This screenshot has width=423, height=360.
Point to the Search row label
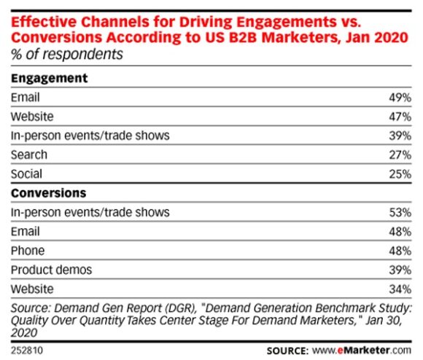click(28, 154)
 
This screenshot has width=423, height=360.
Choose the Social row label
click(26, 174)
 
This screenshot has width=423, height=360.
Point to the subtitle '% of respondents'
click(66, 54)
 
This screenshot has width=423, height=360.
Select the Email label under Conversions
click(25, 232)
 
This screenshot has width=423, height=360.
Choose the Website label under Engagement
click(31, 116)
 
